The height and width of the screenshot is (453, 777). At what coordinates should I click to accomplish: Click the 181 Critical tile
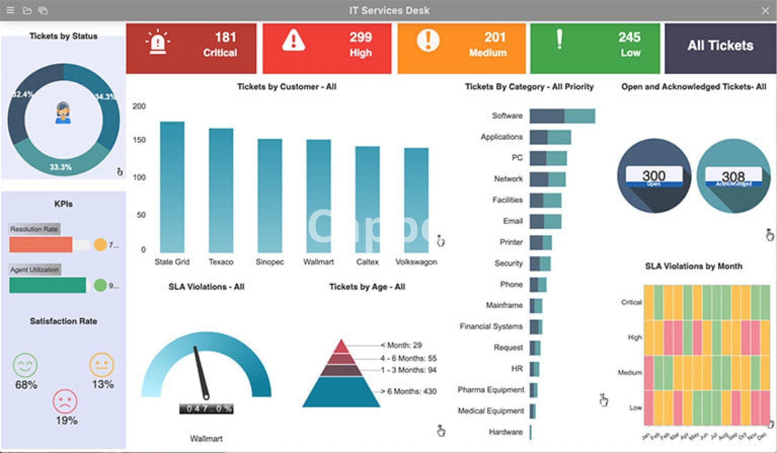click(x=191, y=48)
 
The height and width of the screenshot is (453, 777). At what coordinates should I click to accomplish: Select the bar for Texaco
click(x=221, y=190)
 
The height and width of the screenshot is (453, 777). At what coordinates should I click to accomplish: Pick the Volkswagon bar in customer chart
click(x=416, y=200)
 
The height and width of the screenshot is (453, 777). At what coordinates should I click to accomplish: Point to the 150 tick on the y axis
click(x=139, y=140)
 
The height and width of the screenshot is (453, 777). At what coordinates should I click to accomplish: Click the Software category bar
click(x=562, y=116)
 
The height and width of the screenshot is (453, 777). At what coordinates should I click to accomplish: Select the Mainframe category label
click(x=504, y=305)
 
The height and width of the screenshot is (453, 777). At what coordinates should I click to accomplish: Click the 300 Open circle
click(x=654, y=176)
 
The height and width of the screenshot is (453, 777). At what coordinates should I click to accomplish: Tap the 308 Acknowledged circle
click(x=733, y=176)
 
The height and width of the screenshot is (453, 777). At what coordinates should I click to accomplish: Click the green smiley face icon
click(x=25, y=365)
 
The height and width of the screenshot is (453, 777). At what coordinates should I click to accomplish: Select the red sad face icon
click(x=65, y=401)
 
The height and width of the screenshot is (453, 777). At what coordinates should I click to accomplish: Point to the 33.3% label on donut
click(x=60, y=167)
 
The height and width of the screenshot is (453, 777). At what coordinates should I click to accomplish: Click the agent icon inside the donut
click(x=63, y=113)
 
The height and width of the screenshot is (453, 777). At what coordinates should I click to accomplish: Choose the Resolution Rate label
click(x=34, y=229)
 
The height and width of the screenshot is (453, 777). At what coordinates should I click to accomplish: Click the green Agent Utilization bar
click(x=48, y=285)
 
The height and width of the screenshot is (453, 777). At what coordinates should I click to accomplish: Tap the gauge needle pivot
click(x=206, y=396)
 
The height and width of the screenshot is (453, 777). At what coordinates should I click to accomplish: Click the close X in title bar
click(x=765, y=11)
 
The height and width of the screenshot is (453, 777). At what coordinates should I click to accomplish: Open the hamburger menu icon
click(x=11, y=11)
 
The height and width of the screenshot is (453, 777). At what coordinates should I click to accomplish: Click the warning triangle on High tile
click(x=293, y=40)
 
